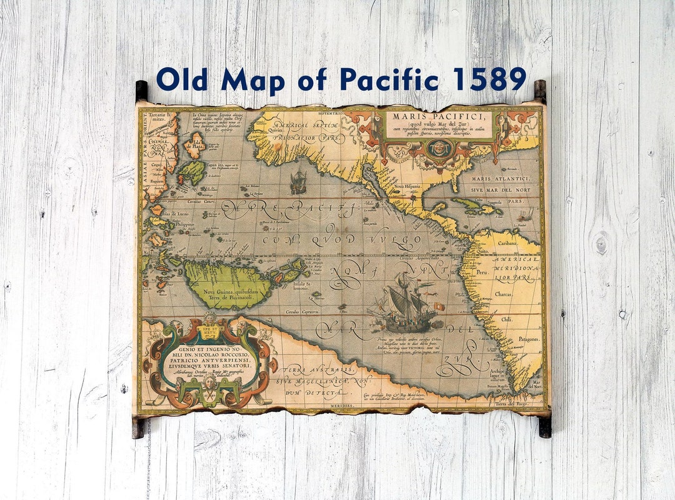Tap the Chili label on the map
506,319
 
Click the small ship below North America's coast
298,182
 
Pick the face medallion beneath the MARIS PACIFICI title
441,149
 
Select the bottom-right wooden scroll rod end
545,426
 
